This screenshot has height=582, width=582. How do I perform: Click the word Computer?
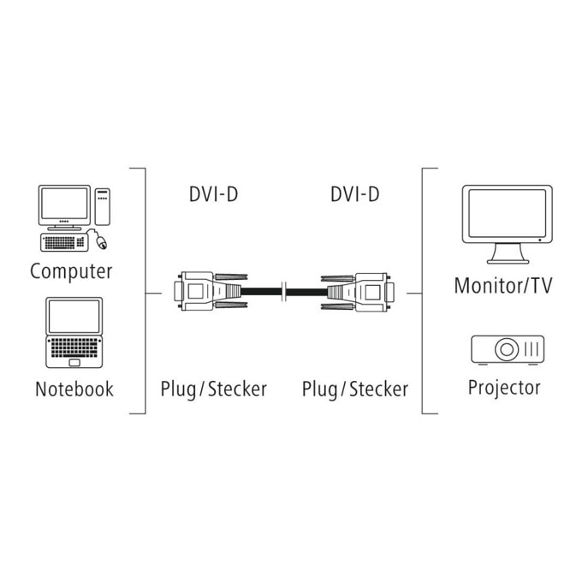[x=71, y=271]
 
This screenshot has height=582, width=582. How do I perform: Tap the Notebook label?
[x=74, y=389]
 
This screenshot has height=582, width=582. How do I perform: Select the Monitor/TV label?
[x=503, y=286]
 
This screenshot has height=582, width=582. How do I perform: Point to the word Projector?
[x=504, y=388]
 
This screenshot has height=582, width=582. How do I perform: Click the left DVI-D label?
[x=213, y=194]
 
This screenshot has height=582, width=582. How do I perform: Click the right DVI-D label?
[x=355, y=194]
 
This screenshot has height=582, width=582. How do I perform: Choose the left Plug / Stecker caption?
[x=213, y=389]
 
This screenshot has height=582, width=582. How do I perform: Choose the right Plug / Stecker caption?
[x=355, y=389]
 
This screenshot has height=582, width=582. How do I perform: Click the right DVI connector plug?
[x=358, y=292]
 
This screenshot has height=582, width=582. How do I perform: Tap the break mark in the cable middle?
[x=284, y=292]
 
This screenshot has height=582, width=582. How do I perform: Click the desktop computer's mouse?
[x=101, y=242]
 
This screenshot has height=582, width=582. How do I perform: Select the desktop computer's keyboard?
[x=64, y=243]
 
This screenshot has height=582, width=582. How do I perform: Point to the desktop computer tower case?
[x=103, y=206]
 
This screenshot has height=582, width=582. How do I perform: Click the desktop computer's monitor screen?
[x=64, y=204]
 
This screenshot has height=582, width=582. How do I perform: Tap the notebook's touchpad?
[x=74, y=363]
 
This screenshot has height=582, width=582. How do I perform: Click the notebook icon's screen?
[x=74, y=317]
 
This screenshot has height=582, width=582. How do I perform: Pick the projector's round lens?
[x=507, y=349]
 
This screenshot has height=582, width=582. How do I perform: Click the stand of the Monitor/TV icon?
[x=508, y=254]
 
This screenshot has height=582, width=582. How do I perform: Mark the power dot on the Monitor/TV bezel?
[x=540, y=241]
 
